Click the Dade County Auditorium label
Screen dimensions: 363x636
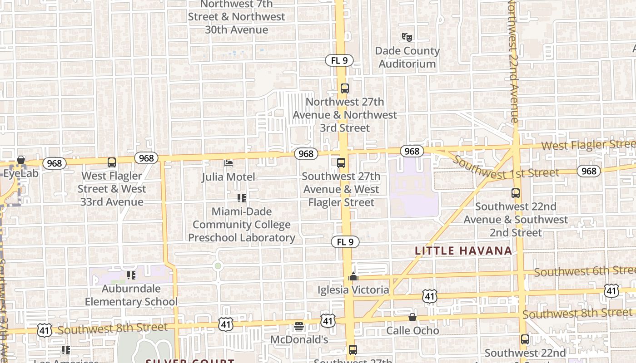click(x=407, y=57)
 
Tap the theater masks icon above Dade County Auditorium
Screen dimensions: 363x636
click(x=407, y=37)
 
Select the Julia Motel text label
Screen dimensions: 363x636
click(x=229, y=177)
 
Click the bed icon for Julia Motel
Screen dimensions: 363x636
click(x=229, y=163)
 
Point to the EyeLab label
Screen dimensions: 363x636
click(x=21, y=173)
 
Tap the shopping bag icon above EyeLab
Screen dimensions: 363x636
click(x=21, y=160)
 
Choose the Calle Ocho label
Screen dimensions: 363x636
click(x=412, y=330)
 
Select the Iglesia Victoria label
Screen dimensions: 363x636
click(x=353, y=289)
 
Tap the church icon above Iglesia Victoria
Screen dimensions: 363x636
click(x=353, y=276)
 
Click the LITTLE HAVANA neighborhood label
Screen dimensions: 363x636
click(x=463, y=250)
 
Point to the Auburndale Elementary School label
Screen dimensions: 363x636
click(x=131, y=295)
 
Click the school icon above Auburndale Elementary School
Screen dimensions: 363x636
click(x=131, y=275)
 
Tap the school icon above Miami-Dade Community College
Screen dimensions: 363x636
click(x=242, y=198)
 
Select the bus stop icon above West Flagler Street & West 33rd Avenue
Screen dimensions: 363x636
click(x=112, y=162)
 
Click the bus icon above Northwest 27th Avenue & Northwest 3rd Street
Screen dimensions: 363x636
click(x=344, y=88)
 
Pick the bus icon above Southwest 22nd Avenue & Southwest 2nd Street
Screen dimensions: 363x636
click(x=516, y=193)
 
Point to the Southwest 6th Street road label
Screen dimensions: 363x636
click(x=584, y=271)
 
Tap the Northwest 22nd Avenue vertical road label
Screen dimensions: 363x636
click(x=512, y=61)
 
